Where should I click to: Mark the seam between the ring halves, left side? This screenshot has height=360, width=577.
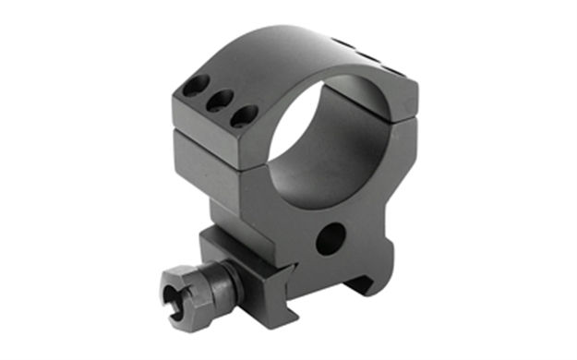[212, 138]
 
